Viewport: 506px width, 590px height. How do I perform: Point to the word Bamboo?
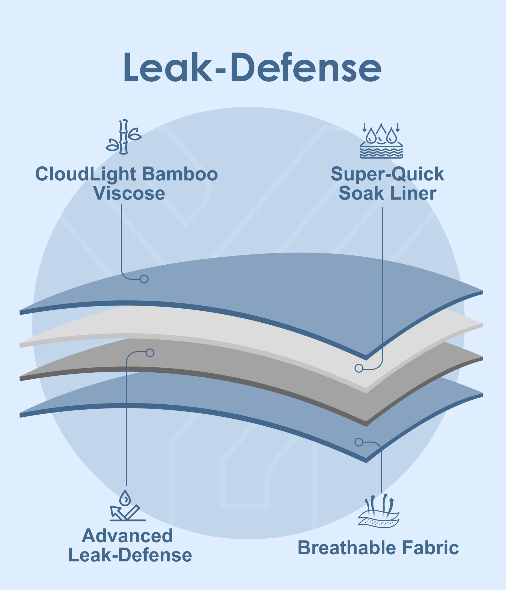coord(180,174)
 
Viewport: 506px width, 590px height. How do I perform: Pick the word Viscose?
coord(129,193)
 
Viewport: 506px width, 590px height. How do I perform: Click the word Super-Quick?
coord(387,174)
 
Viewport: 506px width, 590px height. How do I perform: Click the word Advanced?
coord(127,536)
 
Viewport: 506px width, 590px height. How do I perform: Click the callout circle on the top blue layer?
coord(144,279)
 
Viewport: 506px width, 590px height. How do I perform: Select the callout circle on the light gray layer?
coord(359,368)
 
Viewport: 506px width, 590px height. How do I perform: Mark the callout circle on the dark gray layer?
coord(150,353)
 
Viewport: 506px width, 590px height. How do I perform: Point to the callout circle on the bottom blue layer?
coord(359,442)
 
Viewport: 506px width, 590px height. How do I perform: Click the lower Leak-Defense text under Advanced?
coord(130,555)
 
